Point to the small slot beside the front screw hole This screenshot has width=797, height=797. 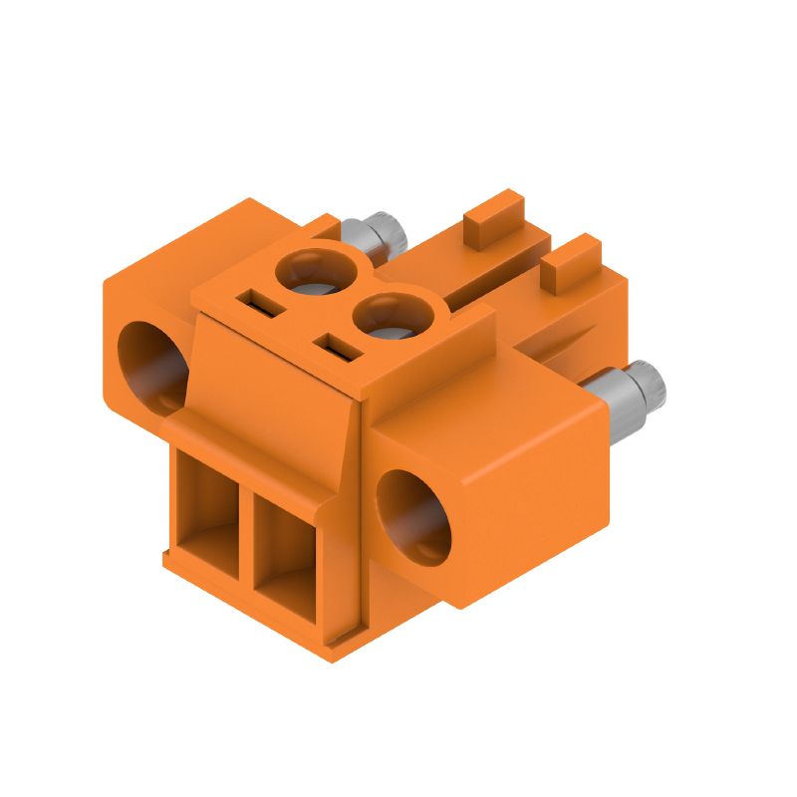click(336, 346)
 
